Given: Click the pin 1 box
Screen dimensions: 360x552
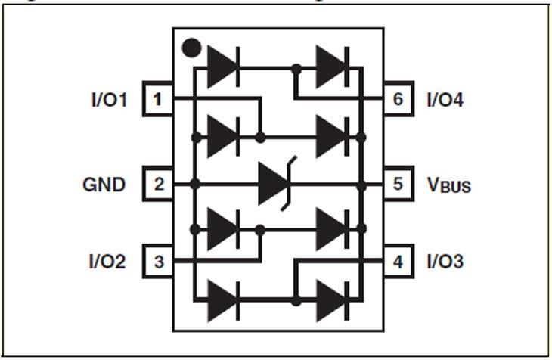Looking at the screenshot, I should [157, 100].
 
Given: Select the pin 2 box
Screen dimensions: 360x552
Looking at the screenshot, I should [157, 184].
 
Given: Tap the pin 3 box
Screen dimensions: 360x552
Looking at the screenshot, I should [157, 262].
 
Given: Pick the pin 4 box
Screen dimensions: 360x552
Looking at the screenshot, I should [398, 262].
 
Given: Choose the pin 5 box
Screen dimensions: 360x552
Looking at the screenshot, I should [398, 184].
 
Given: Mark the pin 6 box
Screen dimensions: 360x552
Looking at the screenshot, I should [398, 100].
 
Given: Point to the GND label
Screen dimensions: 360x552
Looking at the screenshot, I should [104, 184].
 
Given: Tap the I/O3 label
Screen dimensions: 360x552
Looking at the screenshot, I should [445, 262].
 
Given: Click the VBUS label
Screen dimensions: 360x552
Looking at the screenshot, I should [448, 185].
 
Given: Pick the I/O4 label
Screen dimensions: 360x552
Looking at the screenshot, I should [445, 100].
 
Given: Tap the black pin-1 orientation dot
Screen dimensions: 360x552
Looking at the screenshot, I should [192, 50].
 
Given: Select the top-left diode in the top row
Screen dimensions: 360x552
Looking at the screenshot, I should [223, 67].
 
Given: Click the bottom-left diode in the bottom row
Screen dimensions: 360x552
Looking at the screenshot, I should [223, 301].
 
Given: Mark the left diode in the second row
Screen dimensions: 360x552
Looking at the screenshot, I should [223, 137].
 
